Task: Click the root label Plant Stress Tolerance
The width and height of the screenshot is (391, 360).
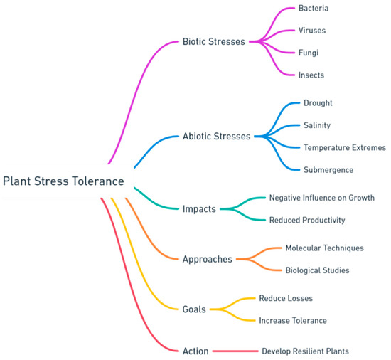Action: click(63, 181)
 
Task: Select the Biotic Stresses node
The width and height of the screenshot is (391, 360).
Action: click(213, 41)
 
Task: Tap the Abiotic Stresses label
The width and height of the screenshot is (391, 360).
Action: click(216, 136)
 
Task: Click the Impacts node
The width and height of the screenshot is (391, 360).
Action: click(200, 208)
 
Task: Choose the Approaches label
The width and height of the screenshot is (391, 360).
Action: click(207, 259)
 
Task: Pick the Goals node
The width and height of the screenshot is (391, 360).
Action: click(194, 309)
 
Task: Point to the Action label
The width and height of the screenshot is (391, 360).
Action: click(195, 351)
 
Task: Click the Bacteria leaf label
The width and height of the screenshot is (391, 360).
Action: click(314, 9)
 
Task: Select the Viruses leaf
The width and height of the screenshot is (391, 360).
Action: click(312, 31)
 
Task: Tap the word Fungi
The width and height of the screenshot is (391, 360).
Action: click(309, 53)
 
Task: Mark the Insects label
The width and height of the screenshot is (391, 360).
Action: click(312, 75)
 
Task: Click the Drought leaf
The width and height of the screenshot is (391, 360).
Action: click(318, 103)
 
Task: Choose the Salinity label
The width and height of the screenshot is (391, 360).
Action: click(317, 125)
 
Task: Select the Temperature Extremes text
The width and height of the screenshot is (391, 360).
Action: click(345, 147)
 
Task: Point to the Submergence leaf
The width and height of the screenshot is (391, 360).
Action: click(328, 169)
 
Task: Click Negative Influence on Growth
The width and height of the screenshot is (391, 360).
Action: click(321, 198)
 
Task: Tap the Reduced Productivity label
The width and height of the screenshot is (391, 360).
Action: click(306, 220)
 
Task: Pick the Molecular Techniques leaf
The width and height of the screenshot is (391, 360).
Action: click(324, 248)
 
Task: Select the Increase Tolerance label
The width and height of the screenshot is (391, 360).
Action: click(292, 321)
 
